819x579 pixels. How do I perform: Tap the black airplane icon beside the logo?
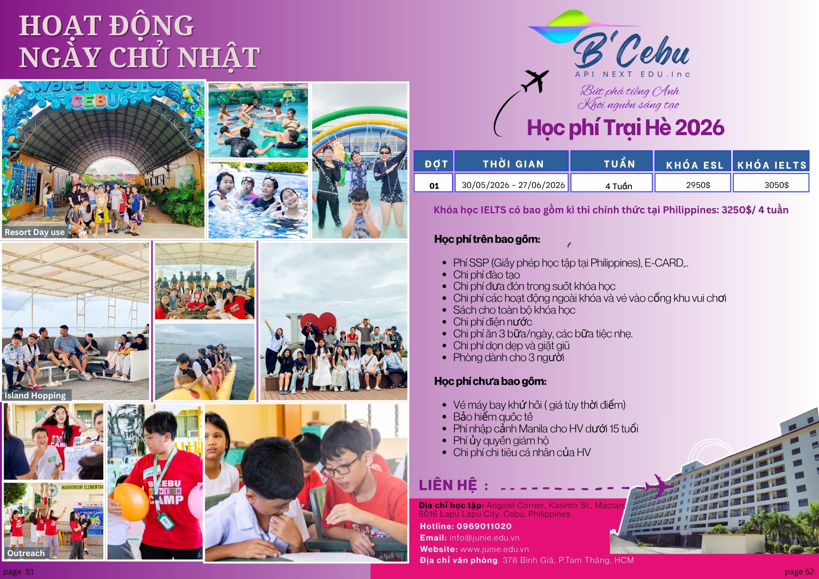[x=534, y=81]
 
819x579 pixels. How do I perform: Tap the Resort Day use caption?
[x=35, y=232]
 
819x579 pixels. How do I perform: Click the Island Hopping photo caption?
[x=35, y=395]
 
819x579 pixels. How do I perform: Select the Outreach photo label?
[x=26, y=553]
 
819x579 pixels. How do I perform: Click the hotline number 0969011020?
[x=484, y=526]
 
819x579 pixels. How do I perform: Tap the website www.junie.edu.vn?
[x=494, y=549]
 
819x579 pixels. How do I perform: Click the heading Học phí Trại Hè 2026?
[x=626, y=127]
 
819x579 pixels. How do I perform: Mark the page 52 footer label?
[x=799, y=572]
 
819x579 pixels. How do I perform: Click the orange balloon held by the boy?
[x=131, y=502]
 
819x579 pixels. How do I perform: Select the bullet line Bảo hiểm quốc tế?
[x=493, y=417]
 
